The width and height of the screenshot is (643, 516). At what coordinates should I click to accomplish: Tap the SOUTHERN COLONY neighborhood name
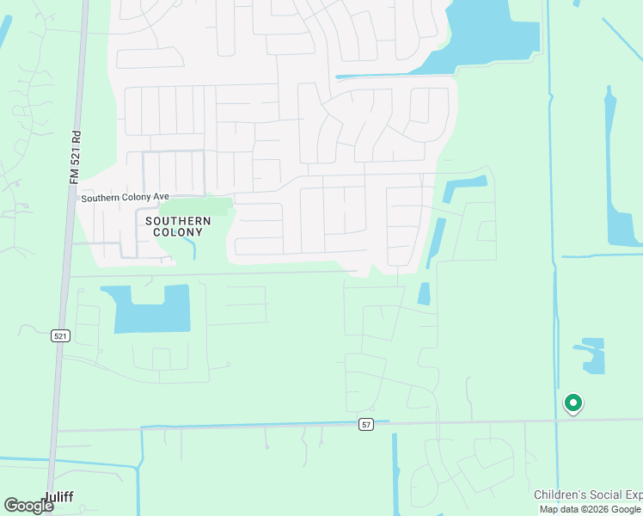(x=179, y=226)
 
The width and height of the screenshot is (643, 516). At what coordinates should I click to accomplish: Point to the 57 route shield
(x=365, y=425)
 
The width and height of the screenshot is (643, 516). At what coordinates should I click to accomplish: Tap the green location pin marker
(x=573, y=402)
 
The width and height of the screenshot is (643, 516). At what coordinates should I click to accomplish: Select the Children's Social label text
(x=588, y=494)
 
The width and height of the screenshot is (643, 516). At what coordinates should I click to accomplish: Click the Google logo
(x=28, y=506)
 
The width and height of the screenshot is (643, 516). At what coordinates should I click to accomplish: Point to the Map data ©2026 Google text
(x=591, y=509)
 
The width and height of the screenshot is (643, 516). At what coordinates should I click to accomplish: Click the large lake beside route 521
(x=152, y=310)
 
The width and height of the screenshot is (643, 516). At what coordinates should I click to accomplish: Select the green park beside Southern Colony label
(x=196, y=207)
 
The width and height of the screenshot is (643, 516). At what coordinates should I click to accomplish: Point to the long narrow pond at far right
(x=617, y=172)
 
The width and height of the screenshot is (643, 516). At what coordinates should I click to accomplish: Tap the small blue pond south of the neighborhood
(x=424, y=293)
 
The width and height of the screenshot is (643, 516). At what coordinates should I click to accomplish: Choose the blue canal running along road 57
(x=258, y=423)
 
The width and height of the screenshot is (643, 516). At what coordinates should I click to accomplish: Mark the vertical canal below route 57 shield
(x=395, y=473)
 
